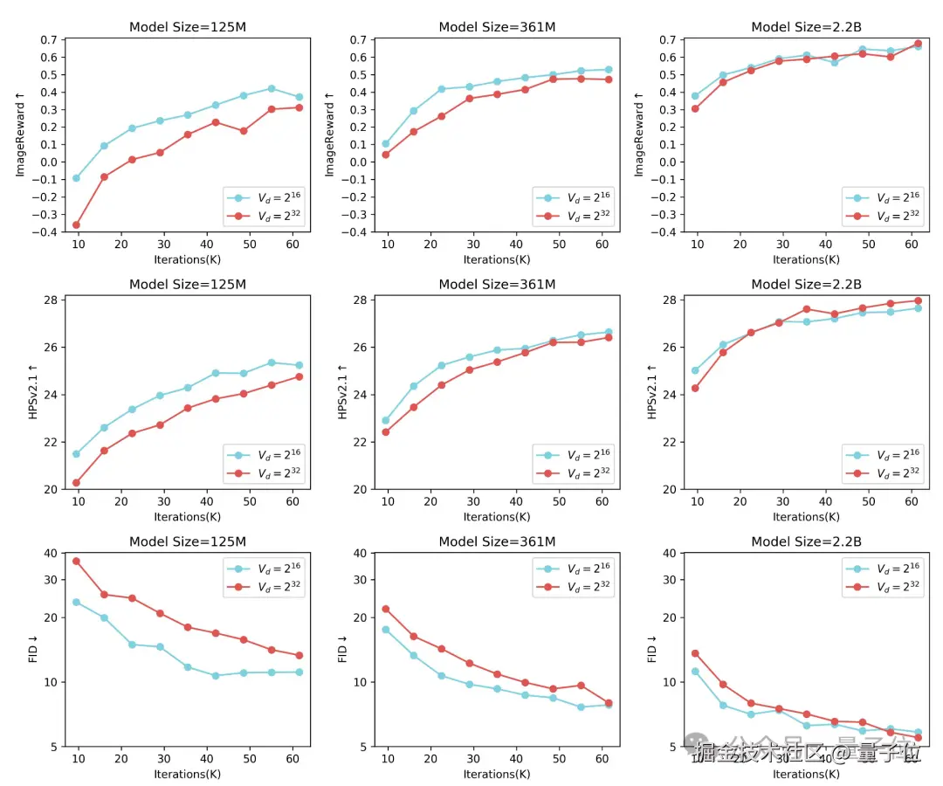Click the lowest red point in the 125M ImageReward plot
[76, 225]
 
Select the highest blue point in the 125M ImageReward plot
[271, 88]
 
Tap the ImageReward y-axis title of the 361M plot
[329, 135]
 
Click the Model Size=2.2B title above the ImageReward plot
[806, 27]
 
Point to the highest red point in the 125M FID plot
[76, 561]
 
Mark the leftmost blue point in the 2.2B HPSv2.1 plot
[695, 370]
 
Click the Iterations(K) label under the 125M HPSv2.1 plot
[188, 516]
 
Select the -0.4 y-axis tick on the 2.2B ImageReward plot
[665, 231]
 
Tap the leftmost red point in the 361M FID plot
[386, 609]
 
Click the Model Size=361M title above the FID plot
[497, 541]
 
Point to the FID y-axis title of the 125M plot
[33, 650]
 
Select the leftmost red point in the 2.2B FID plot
[695, 653]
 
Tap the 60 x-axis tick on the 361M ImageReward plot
[602, 245]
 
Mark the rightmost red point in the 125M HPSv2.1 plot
[299, 376]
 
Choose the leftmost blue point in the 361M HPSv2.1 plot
[386, 420]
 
